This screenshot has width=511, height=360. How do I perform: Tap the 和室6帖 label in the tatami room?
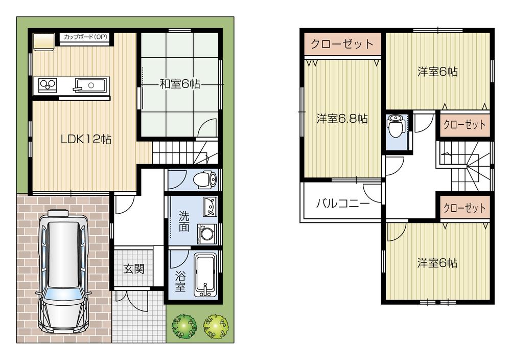[x=179, y=84]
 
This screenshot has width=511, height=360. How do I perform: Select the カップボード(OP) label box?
[x=85, y=37]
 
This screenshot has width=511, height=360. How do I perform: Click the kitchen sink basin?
[x=91, y=84]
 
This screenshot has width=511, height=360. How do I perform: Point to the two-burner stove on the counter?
[x=46, y=84]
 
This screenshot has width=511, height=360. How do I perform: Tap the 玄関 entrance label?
[x=133, y=268]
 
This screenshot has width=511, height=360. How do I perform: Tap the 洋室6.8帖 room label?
[x=341, y=119]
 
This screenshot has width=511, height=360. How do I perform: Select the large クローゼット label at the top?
[x=343, y=44]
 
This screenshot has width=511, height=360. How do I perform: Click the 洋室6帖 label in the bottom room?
[x=437, y=263]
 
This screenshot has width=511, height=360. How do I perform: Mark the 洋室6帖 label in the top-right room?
[x=437, y=72]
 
